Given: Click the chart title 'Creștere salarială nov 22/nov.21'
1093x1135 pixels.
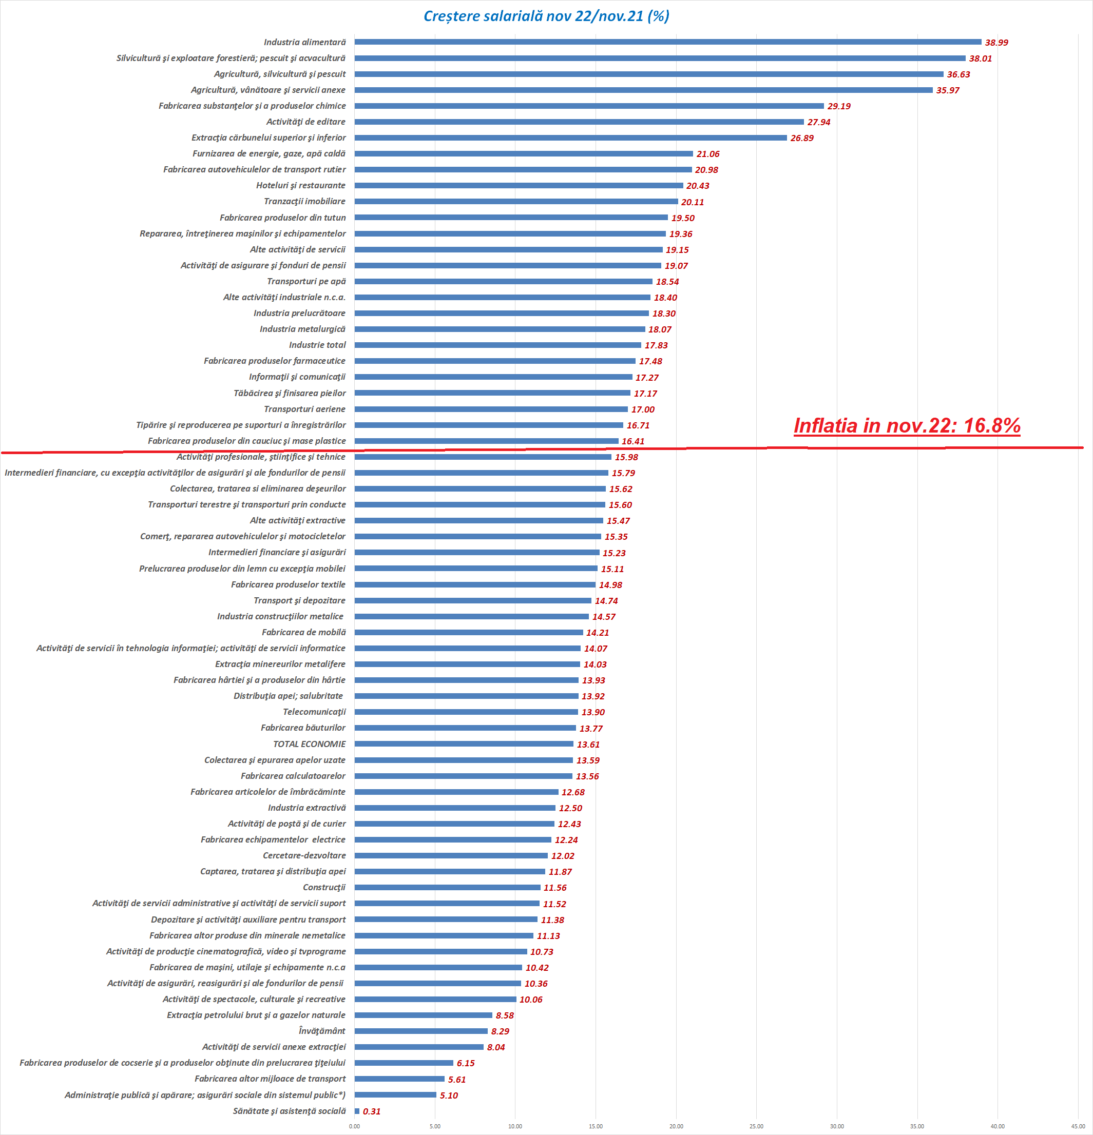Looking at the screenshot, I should point(546,16).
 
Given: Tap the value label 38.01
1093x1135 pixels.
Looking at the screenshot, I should point(980,58).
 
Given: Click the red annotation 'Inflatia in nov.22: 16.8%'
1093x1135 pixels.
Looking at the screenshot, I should point(907,426).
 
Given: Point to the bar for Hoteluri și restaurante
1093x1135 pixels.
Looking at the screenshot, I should point(519,185).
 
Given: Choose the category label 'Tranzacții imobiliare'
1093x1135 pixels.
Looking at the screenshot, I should point(304,202).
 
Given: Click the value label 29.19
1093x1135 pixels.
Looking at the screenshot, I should point(838,107).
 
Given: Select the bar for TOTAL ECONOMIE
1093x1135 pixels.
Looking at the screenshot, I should point(464,744).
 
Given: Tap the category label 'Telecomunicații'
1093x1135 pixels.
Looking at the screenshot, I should point(314,712).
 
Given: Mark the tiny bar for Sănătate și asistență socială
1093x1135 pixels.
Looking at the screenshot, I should point(357,1111).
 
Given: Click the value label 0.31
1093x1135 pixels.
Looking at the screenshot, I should point(372,1112).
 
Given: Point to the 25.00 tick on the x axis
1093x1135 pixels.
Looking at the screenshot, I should point(756,1126).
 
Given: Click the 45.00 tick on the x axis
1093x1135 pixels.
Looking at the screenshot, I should point(1078,1126).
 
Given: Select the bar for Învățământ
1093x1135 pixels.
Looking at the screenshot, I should point(421,1031).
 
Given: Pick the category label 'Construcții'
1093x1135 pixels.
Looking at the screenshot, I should point(324,888).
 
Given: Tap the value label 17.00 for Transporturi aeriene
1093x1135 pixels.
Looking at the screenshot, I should point(643,410).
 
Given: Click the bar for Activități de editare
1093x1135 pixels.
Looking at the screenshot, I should point(579,122).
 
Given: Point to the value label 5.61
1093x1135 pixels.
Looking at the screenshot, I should point(457,1080).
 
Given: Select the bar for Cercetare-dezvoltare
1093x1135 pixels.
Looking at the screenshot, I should point(451,856).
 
